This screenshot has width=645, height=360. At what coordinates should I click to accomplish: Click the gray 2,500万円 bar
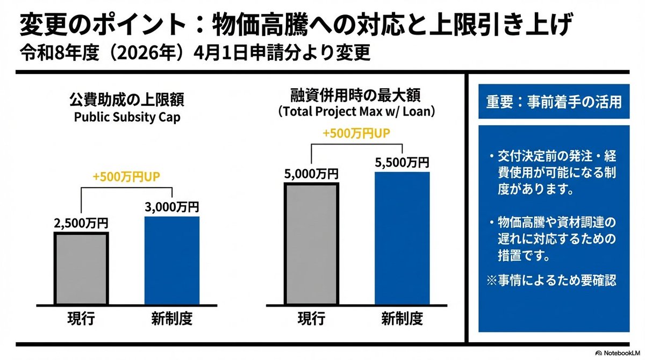[81, 269]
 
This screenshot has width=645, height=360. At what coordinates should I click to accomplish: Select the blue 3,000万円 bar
[172, 261]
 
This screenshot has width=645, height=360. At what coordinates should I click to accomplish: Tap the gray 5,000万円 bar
[312, 244]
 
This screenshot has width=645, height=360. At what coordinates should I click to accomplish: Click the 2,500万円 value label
[81, 222]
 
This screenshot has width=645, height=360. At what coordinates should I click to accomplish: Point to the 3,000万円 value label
[172, 207]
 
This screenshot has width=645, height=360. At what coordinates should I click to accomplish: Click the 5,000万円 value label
[312, 174]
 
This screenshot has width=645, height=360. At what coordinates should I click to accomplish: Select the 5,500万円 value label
[402, 162]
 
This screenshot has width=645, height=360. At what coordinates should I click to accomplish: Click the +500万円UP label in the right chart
[356, 134]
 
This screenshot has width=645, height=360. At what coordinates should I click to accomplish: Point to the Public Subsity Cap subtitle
[126, 118]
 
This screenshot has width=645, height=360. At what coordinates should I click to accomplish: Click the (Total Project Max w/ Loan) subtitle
[356, 113]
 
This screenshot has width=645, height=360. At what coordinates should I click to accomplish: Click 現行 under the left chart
[81, 319]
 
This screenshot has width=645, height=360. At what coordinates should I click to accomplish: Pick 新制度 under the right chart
[402, 319]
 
